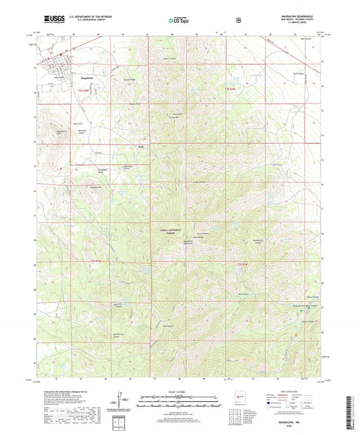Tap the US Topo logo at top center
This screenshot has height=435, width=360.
179,20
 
